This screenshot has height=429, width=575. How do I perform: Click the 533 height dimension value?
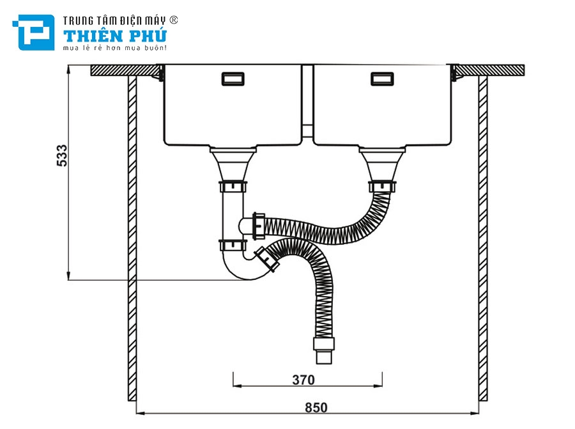coord(62,155)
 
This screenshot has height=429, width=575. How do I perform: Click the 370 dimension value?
coord(303,380)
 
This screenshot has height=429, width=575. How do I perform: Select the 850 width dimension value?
coord(316,407)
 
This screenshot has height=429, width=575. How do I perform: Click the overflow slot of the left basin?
coord(232,79)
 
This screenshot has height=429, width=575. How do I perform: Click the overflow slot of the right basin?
coord(382,79)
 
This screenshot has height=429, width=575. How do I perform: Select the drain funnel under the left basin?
coord(234,163)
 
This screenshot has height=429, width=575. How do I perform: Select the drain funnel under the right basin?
coord(381,163)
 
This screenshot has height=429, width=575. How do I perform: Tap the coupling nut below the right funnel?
coord(381,186)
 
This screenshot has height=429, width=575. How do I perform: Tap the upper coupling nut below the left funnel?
coord(234,187)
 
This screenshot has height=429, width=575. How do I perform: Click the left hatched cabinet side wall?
coord(132,237)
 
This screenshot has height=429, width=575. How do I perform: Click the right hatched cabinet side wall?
coord(483,237)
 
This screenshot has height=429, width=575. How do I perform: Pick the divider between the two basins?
coord(307,102)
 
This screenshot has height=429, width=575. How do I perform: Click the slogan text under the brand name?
coord(115,48)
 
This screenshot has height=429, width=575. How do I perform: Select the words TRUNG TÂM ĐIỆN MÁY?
coord(115,20)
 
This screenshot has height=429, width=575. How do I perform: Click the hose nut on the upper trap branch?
coord(259,223)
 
